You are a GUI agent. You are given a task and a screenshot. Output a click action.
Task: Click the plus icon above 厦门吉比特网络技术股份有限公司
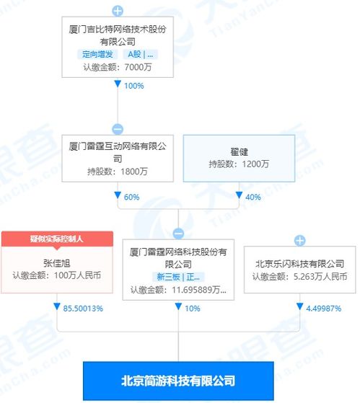coord(118,11)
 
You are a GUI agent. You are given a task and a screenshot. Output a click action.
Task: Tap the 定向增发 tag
coord(97,54)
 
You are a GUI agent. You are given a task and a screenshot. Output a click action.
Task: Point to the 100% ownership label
coord(133,86)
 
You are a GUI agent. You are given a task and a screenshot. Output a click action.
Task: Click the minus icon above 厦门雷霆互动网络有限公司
coord(118,129)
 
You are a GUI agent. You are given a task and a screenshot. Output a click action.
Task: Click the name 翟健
coord(239,151)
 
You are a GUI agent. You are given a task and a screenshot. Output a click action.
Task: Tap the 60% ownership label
coord(131,197)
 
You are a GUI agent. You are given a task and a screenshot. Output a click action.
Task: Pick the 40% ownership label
coord(253,197)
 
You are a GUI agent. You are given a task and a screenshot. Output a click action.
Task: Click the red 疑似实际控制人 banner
coord(57,239)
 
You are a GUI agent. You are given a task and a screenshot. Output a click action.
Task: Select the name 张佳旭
coord(56,263)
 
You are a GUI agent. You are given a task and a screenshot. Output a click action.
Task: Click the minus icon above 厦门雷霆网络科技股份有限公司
coord(178,234)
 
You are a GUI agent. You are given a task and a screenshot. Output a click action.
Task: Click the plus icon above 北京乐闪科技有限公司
coord(300,241)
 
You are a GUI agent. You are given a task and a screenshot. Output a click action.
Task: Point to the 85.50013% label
coord(83,309)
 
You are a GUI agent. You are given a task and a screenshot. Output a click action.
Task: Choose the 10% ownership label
coord(193,309)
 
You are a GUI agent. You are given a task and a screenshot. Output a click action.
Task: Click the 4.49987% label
coord(323,309)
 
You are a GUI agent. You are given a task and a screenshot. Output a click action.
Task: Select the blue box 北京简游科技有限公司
coord(178,381)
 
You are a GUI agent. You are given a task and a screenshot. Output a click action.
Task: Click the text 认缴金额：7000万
coord(118,67)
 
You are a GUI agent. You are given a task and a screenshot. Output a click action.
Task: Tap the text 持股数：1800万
coord(118,172)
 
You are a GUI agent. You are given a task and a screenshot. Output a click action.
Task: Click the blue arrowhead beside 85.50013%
coord(57,306)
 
